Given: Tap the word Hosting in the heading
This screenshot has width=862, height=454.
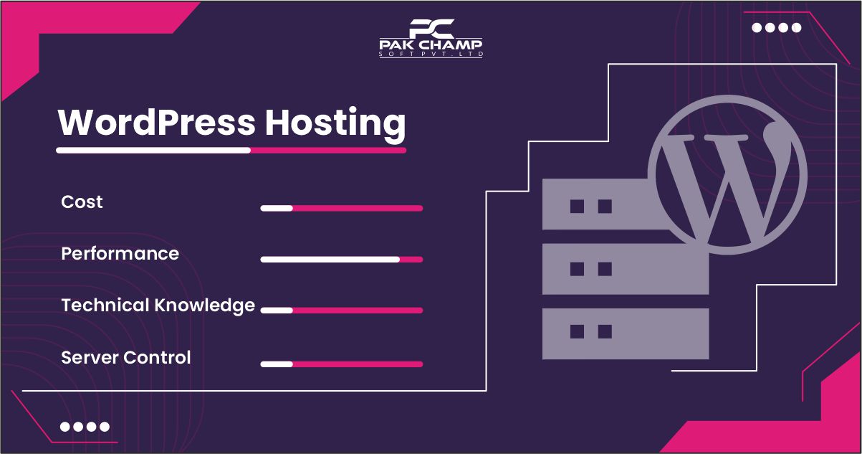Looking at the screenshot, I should pyautogui.click(x=335, y=123).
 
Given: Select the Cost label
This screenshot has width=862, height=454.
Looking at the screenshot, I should pyautogui.click(x=82, y=202).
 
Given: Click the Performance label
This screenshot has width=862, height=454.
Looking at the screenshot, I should pyautogui.click(x=120, y=254).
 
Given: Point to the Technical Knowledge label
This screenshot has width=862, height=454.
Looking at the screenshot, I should pyautogui.click(x=158, y=306).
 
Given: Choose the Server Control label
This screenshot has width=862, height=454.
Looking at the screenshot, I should pyautogui.click(x=126, y=357).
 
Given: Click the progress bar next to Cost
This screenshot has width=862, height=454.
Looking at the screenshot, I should pyautogui.click(x=341, y=208).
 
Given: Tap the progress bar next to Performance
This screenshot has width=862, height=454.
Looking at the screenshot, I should pyautogui.click(x=341, y=260).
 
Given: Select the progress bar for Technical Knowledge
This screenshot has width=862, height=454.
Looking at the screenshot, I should pyautogui.click(x=341, y=311).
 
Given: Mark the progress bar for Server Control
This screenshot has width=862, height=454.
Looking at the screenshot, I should pyautogui.click(x=341, y=364).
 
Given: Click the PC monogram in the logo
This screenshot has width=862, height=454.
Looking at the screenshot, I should pyautogui.click(x=431, y=28).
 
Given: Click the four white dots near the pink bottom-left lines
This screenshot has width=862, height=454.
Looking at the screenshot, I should pyautogui.click(x=85, y=427).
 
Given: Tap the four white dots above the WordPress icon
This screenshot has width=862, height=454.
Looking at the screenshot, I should pyautogui.click(x=777, y=28).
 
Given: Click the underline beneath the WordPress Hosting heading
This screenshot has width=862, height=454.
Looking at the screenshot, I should pyautogui.click(x=231, y=151).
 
